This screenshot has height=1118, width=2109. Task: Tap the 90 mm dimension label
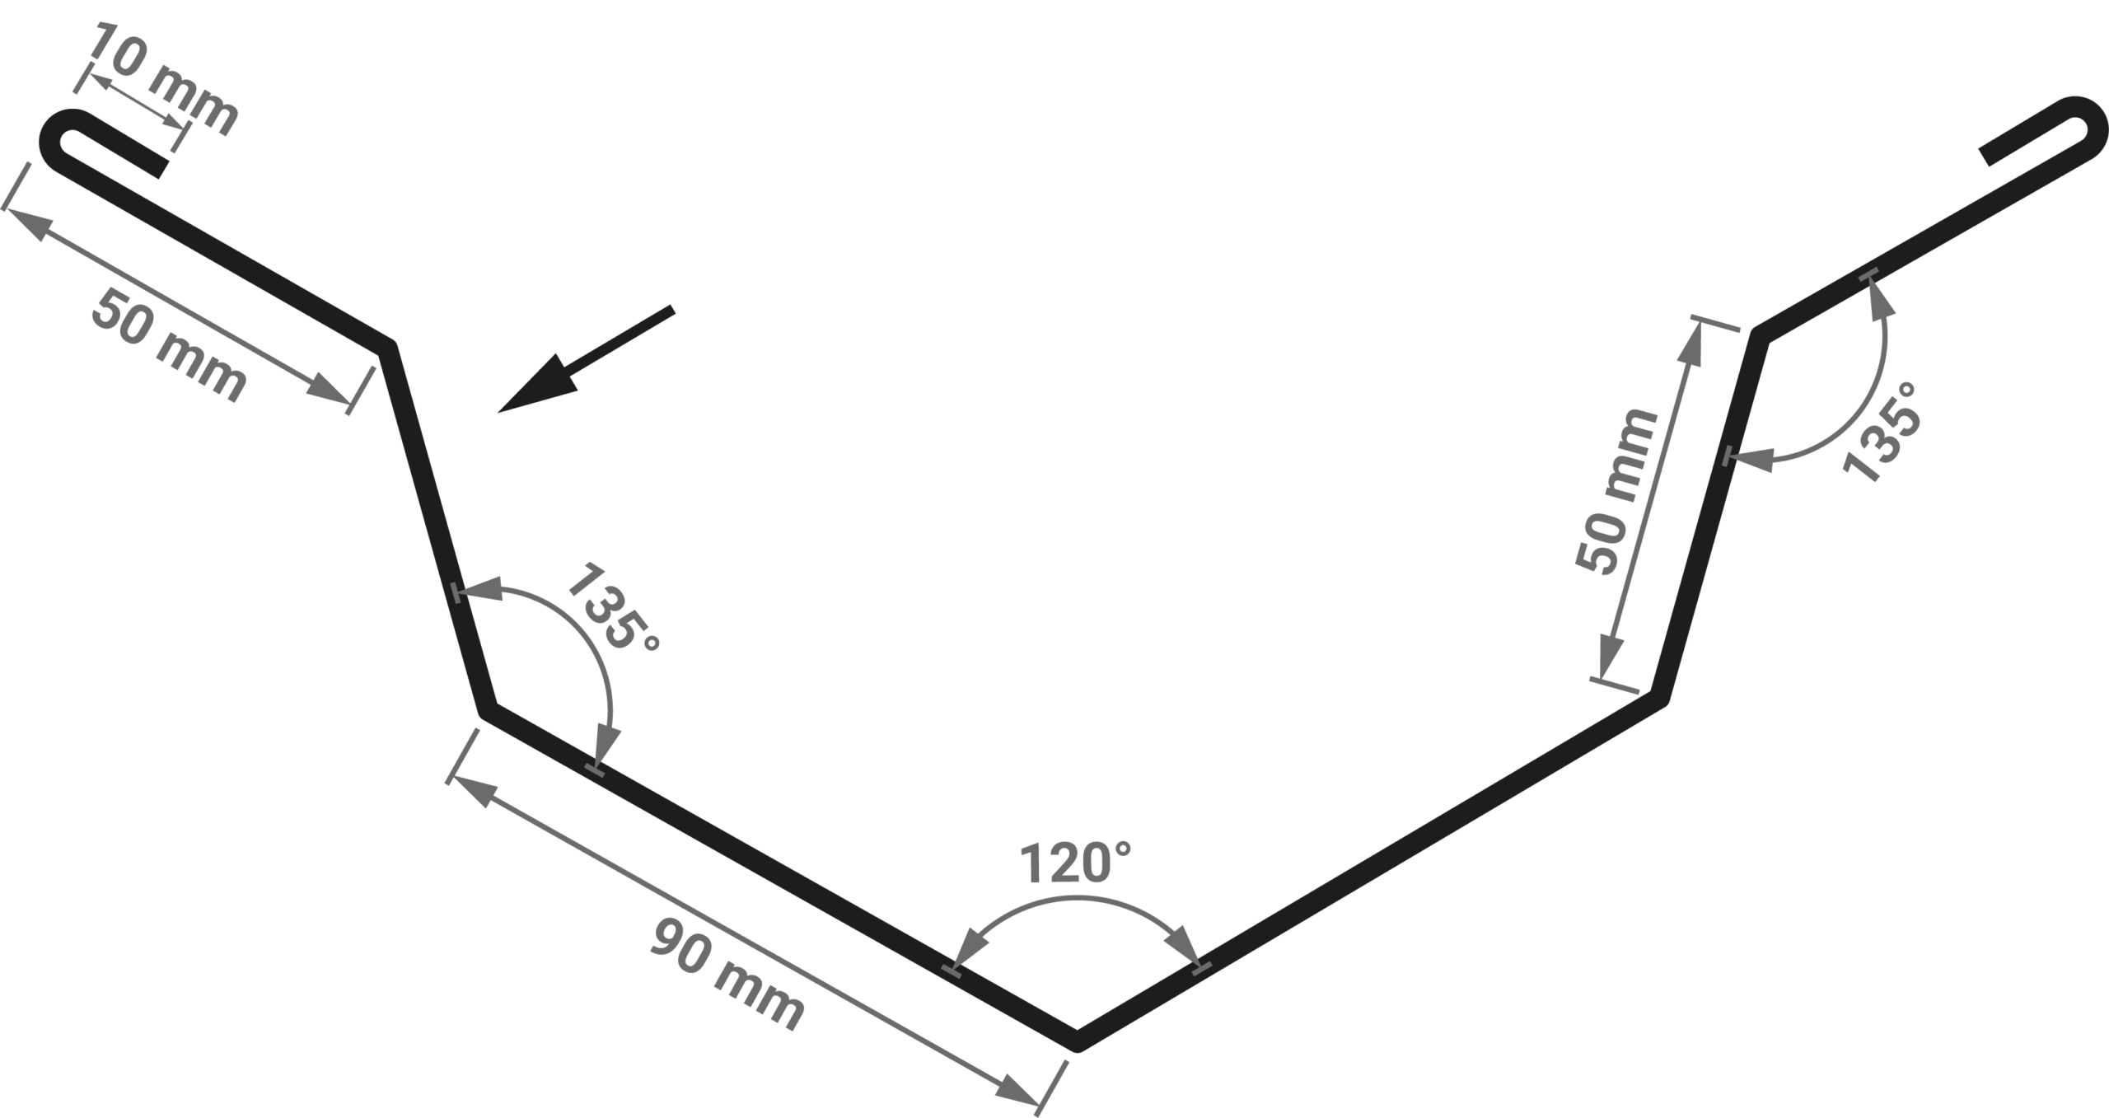[727, 976]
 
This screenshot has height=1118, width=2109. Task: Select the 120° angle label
[1075, 862]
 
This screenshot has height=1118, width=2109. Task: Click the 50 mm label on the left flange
[168, 347]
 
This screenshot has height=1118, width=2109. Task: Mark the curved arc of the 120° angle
[1076, 900]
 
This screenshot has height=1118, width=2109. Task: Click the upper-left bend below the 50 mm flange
[388, 346]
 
